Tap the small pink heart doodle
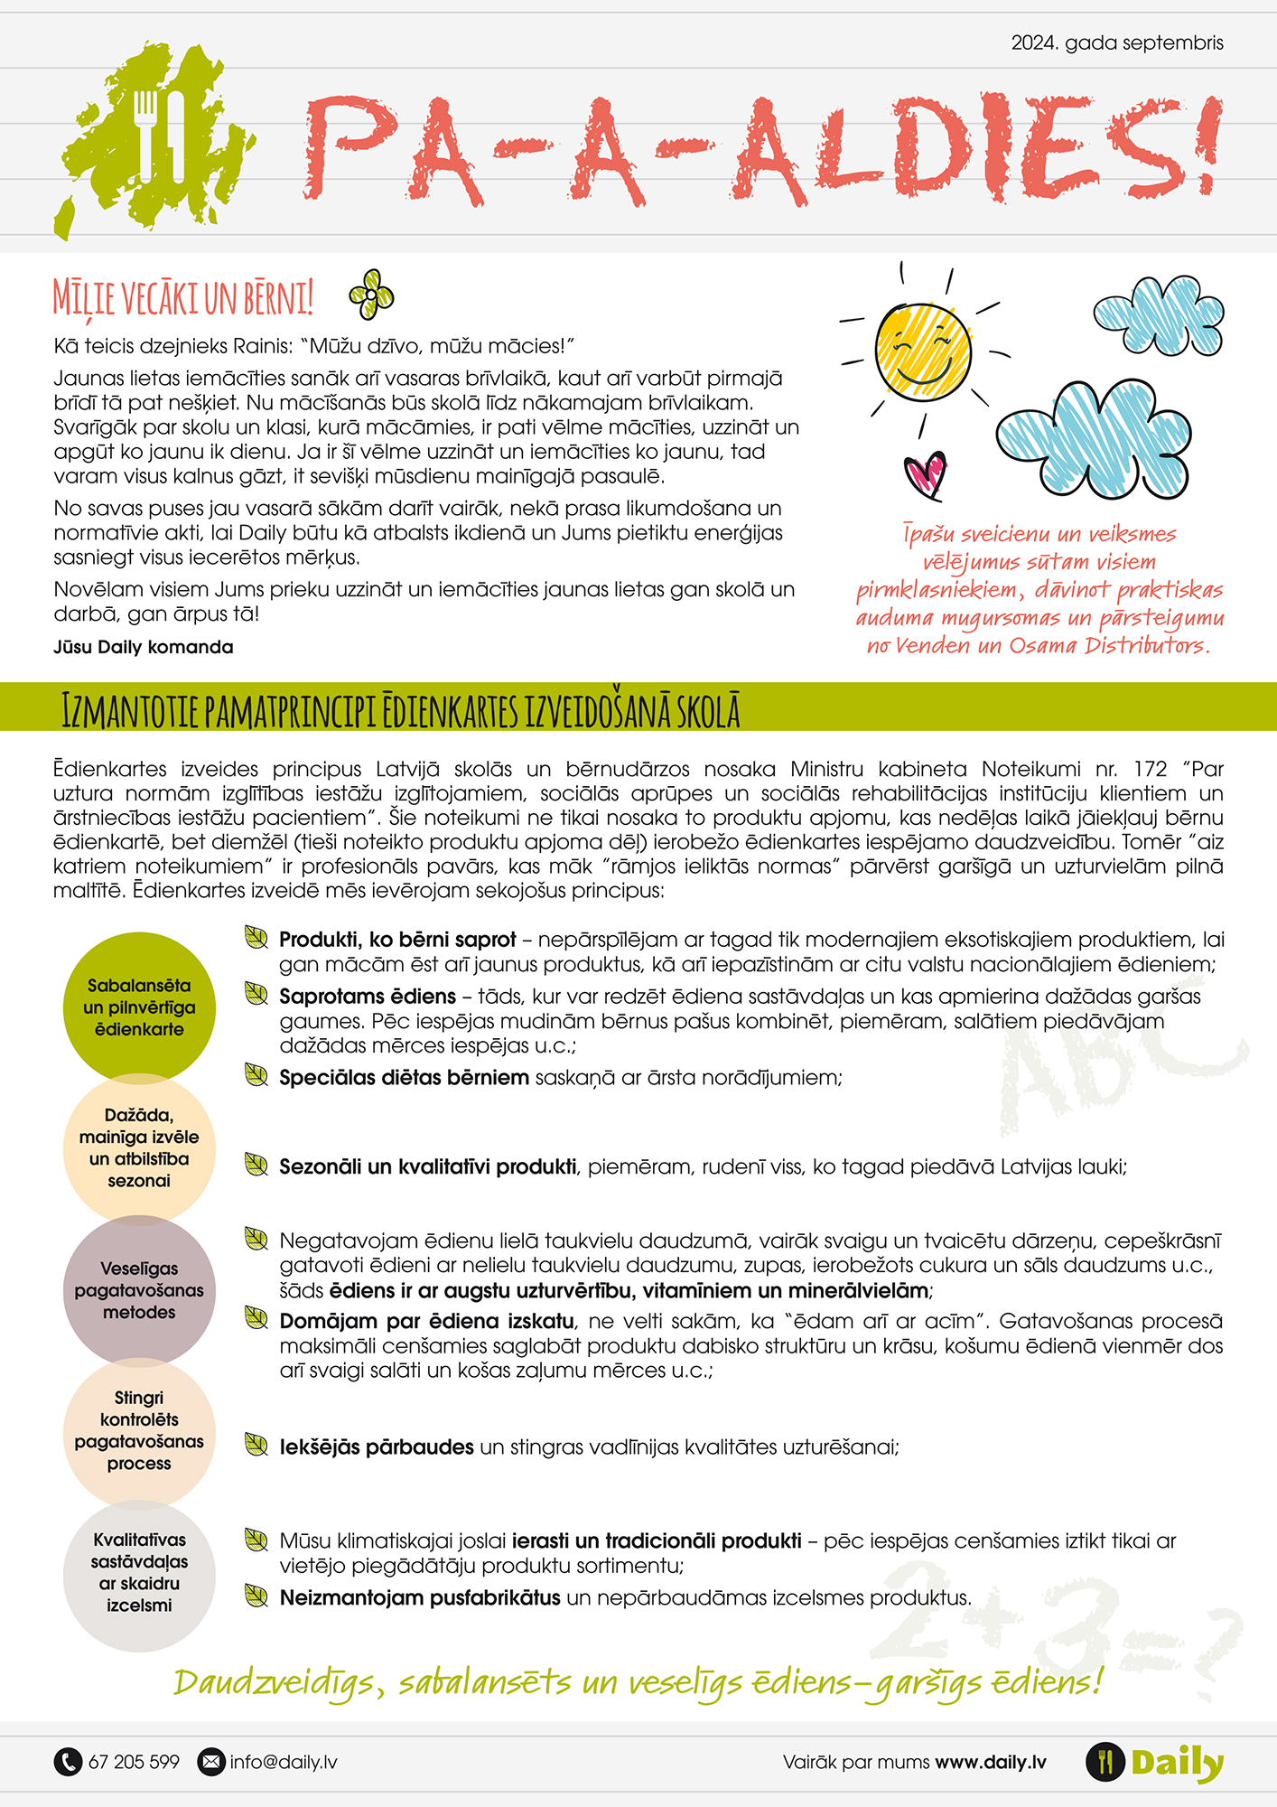pos(925,474)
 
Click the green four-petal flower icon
pos(371,295)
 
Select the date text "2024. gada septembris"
pos(1117,42)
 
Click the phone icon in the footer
pos(68,1761)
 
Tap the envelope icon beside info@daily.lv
pos(210,1761)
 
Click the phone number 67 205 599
pos(134,1762)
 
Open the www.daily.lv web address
pos(991,1762)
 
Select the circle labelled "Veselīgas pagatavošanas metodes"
pos(139,1290)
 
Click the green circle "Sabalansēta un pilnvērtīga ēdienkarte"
pos(139,1006)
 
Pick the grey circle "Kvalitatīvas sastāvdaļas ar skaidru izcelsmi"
pos(139,1573)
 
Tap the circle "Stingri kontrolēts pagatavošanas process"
pos(139,1431)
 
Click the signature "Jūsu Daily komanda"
pos(144,647)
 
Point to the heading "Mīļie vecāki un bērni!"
pos(183,297)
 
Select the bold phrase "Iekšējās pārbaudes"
pos(377,1447)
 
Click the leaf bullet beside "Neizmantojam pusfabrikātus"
pos(256,1596)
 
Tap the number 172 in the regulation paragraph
pos(1150,769)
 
